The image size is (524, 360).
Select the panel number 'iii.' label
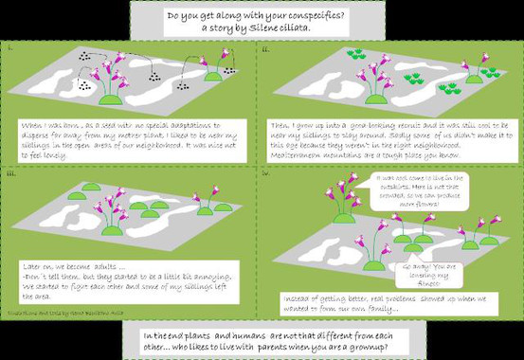tap(11, 173)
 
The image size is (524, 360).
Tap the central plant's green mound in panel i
tap(114, 99)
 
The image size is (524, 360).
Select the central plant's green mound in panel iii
tap(114, 230)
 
